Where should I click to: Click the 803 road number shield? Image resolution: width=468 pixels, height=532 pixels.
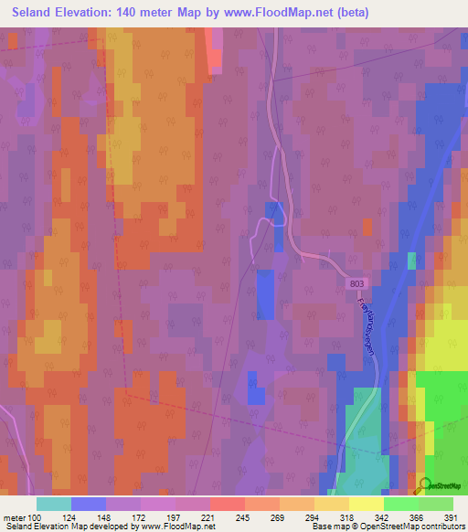tap(358, 286)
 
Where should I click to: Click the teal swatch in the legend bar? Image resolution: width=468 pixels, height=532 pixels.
tap(53, 504)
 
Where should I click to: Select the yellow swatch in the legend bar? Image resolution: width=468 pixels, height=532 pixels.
tap(367, 504)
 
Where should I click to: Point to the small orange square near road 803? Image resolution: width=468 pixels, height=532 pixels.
tap(367, 227)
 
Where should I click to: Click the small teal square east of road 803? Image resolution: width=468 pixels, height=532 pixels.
tap(411, 261)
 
